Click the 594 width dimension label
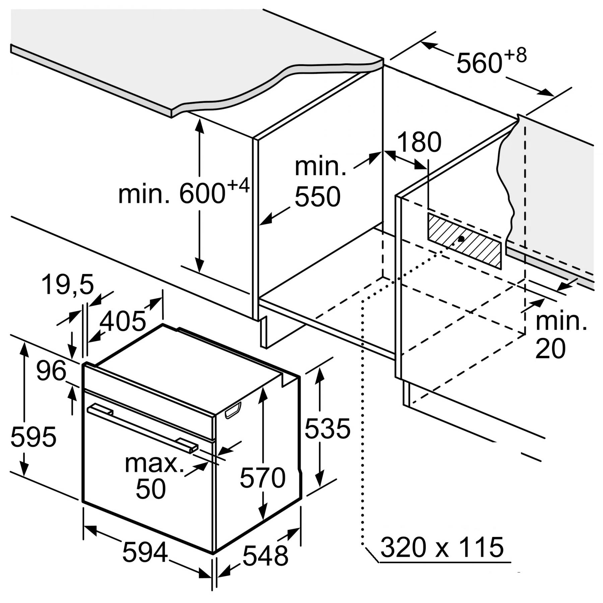(x=145, y=552)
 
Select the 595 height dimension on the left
(x=33, y=437)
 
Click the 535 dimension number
(x=327, y=428)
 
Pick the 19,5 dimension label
(x=67, y=285)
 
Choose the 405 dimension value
(x=123, y=321)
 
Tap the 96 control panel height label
(x=51, y=371)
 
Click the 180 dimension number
(x=419, y=142)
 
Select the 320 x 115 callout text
(x=442, y=547)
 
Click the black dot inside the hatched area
(x=462, y=239)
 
